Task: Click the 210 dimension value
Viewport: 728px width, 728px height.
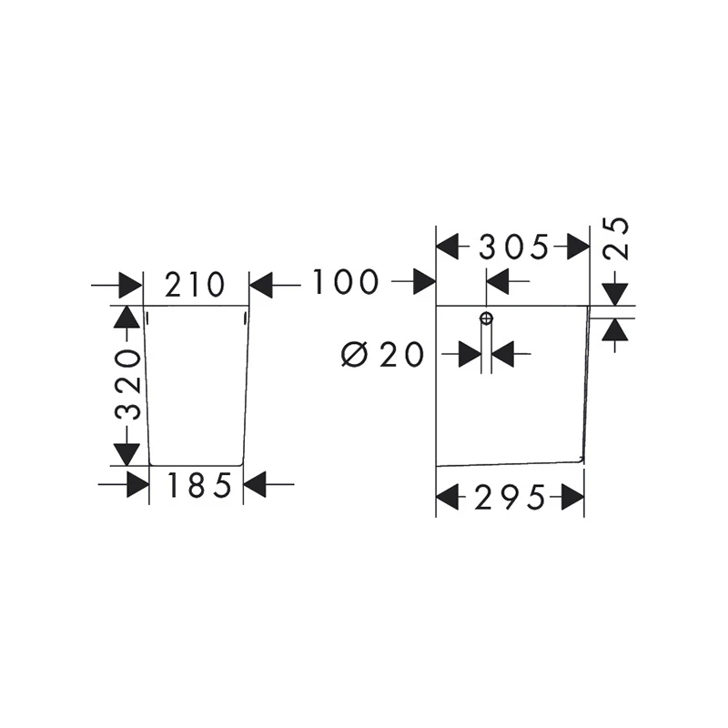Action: pyautogui.click(x=195, y=285)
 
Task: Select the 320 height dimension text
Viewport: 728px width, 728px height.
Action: pyautogui.click(x=127, y=385)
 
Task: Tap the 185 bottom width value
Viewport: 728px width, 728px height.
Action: pyautogui.click(x=198, y=485)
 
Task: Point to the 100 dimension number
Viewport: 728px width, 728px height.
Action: pyautogui.click(x=345, y=281)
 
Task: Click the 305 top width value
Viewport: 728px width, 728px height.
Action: pyautogui.click(x=513, y=247)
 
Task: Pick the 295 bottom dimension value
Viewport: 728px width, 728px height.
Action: pyautogui.click(x=510, y=498)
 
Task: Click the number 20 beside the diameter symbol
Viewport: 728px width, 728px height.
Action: pyautogui.click(x=401, y=355)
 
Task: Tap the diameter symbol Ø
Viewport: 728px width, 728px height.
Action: pyautogui.click(x=355, y=355)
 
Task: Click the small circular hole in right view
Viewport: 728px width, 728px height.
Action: pyautogui.click(x=486, y=318)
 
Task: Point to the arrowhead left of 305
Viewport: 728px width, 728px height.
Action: pyautogui.click(x=448, y=247)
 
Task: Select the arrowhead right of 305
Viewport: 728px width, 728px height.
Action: pyautogui.click(x=579, y=247)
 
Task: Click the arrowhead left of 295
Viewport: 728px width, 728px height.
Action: pyautogui.click(x=448, y=497)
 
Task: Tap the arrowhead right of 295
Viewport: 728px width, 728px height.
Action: pyautogui.click(x=573, y=497)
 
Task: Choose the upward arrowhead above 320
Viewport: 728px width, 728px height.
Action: pyautogui.click(x=126, y=318)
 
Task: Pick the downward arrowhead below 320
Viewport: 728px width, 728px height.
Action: pyautogui.click(x=126, y=454)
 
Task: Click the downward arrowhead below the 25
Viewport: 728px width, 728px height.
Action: pyautogui.click(x=615, y=295)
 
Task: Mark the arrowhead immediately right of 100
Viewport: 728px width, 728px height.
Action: pyautogui.click(x=424, y=281)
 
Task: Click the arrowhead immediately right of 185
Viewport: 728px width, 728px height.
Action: pyautogui.click(x=255, y=485)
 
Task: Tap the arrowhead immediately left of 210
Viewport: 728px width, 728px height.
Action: pyautogui.click(x=131, y=285)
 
